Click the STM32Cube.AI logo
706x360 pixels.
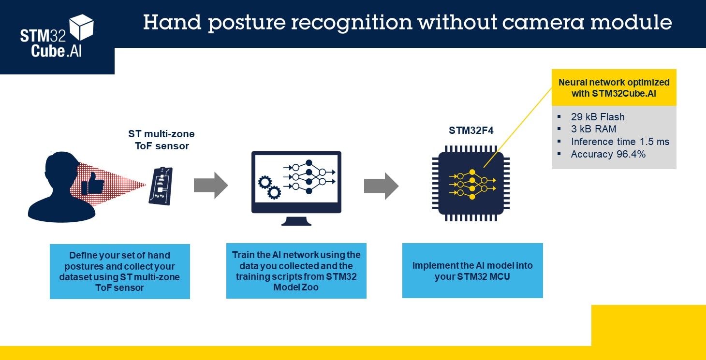click(x=57, y=37)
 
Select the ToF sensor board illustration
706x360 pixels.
click(x=160, y=186)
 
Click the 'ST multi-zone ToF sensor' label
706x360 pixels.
click(x=161, y=139)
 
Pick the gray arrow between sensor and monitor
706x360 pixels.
click(x=210, y=185)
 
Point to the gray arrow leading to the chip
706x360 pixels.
click(x=381, y=186)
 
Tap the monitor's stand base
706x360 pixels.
click(x=296, y=221)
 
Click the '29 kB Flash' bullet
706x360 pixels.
click(x=597, y=117)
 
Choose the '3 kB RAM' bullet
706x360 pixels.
click(x=593, y=129)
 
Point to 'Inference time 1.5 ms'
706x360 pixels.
click(x=619, y=142)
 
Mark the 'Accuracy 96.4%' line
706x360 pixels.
click(x=608, y=154)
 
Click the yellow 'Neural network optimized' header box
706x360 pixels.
click(x=614, y=87)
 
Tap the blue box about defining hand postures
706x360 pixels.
click(x=119, y=271)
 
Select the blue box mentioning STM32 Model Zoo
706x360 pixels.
click(x=296, y=271)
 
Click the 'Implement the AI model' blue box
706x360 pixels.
click(x=472, y=271)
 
